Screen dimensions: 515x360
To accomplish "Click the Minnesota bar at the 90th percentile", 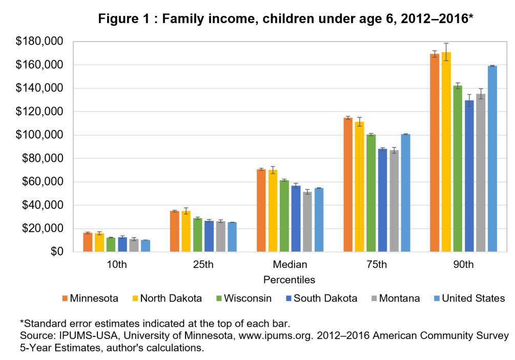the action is pyautogui.click(x=435, y=153).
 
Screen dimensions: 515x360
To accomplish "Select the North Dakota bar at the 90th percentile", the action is pyautogui.click(x=446, y=152).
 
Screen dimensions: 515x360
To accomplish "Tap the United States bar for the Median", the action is pyautogui.click(x=319, y=220).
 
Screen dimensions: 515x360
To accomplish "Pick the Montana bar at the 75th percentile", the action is pyautogui.click(x=394, y=201).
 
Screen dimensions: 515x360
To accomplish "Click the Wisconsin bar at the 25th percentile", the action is pyautogui.click(x=198, y=235).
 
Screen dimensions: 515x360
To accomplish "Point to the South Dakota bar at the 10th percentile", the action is pyautogui.click(x=122, y=244).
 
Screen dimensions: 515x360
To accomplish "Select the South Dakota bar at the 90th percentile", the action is pyautogui.click(x=469, y=176).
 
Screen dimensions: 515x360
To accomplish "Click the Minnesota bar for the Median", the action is pyautogui.click(x=261, y=210).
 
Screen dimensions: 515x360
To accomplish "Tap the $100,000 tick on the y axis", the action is pyautogui.click(x=39, y=135).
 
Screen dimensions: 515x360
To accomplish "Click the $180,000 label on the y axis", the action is pyautogui.click(x=39, y=41).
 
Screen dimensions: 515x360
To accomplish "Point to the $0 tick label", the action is pyautogui.click(x=57, y=252).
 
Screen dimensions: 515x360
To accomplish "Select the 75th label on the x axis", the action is pyautogui.click(x=377, y=265).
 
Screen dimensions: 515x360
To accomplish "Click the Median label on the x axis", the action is pyautogui.click(x=290, y=265).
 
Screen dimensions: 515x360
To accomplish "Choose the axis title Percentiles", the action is pyautogui.click(x=290, y=280).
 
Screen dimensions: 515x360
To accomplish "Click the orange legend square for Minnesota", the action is pyautogui.click(x=65, y=299).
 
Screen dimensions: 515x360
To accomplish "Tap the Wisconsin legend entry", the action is pyautogui.click(x=244, y=299).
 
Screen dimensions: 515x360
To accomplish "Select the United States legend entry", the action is pyautogui.click(x=469, y=299).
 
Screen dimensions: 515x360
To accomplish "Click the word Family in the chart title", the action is pyautogui.click(x=182, y=19).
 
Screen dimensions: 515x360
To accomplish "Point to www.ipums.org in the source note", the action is pyautogui.click(x=276, y=336).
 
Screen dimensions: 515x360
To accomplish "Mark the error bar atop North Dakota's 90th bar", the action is pyautogui.click(x=446, y=52).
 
